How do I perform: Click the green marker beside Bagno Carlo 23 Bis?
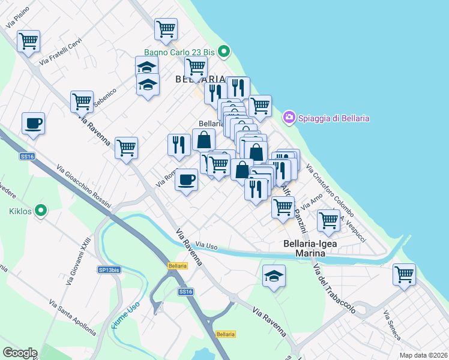coord(224,52)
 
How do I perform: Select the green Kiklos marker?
coord(41,210)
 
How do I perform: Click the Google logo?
coord(20,353)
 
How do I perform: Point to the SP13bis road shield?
coord(109,270)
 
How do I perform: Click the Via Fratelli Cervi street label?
coord(60,52)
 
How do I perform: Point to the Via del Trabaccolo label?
coord(334,293)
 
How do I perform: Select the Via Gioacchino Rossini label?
coord(83,186)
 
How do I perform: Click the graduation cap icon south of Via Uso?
coord(274,276)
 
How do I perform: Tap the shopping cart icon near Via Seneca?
coord(404,274)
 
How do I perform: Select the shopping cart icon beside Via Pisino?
coord(28,41)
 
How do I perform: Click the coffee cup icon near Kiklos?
coord(34,123)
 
